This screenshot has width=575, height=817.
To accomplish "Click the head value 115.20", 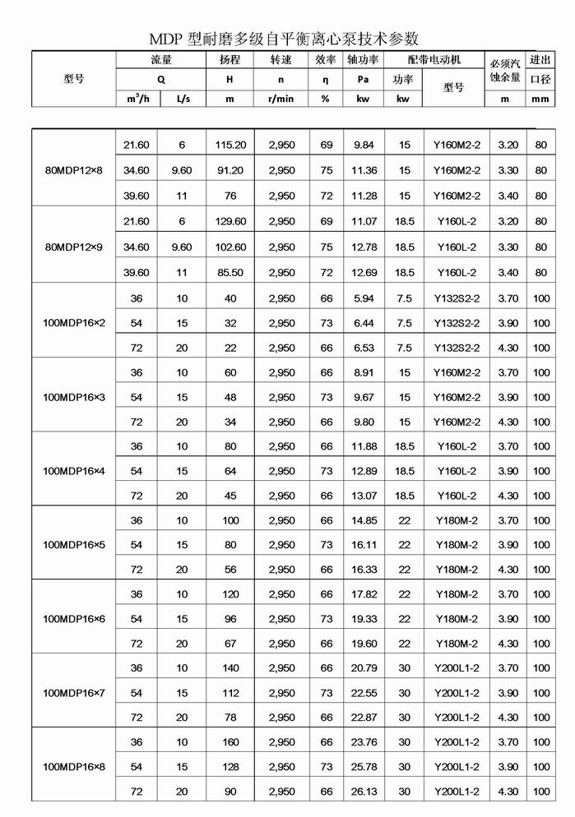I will (230, 145).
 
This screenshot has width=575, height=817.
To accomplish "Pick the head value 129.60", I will (230, 222).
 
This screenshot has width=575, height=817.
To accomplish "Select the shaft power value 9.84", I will (364, 145).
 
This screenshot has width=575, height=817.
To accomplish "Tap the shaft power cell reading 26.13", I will (364, 792).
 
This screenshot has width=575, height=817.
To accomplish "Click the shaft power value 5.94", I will (364, 298).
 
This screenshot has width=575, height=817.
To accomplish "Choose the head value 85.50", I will (230, 272).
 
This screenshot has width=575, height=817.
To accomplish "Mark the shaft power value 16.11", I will (364, 545).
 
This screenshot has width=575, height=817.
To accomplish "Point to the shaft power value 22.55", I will (364, 693).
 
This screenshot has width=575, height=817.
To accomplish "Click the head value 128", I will (230, 767).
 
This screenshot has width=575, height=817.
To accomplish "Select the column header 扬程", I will (230, 60).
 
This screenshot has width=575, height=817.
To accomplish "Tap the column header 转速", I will (281, 60).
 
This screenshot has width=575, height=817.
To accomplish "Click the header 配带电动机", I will (434, 60).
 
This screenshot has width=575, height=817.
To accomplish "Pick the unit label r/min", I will (281, 99).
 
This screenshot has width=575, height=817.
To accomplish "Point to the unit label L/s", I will (182, 99).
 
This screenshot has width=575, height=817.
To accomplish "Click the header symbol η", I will (326, 80).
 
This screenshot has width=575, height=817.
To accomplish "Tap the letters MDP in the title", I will (168, 39).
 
